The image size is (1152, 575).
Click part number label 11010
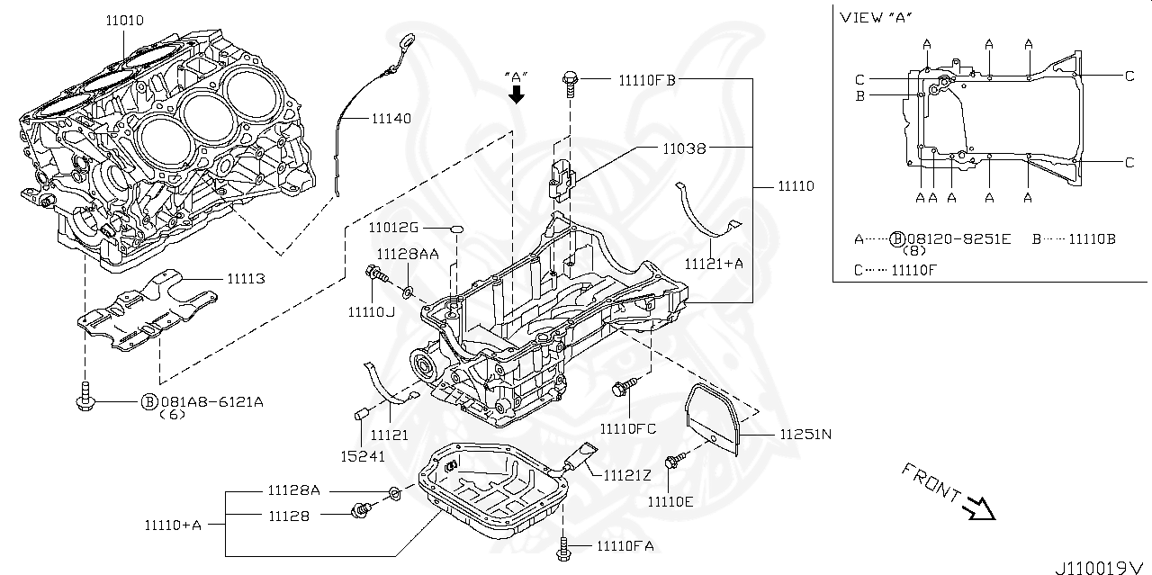(x=124, y=20)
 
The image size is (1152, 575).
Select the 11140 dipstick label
(x=391, y=118)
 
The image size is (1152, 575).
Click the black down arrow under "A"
(x=517, y=95)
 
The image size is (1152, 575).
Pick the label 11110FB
(x=646, y=79)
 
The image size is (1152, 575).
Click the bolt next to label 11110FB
(x=570, y=81)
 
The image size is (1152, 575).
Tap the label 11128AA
(x=408, y=255)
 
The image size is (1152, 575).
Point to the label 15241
(x=362, y=456)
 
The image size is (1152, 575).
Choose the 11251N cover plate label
(x=805, y=434)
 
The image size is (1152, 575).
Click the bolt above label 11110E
(x=672, y=463)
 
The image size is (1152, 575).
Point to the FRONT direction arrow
(x=976, y=509)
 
